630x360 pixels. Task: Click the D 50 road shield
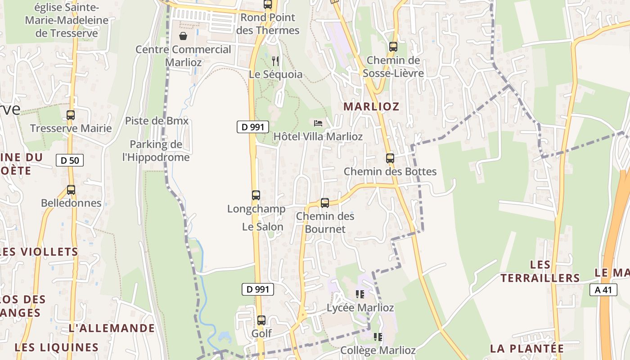point(70,160)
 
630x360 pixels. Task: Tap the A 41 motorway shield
point(603,290)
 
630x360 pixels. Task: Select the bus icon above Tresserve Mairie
point(71,115)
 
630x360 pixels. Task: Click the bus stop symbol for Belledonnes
point(71,190)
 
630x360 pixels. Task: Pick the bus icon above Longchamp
point(256,195)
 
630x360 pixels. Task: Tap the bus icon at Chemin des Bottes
point(390,158)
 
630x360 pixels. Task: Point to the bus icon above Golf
point(261,320)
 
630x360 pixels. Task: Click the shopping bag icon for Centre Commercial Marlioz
point(183,36)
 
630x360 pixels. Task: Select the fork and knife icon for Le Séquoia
point(275,61)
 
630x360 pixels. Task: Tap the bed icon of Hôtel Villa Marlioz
point(318,123)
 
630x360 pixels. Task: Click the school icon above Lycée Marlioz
point(360,294)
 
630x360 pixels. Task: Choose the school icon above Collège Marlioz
point(378,337)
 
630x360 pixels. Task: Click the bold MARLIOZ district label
point(371,107)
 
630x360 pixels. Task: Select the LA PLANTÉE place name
point(526,349)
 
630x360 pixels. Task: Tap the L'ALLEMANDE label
point(112,328)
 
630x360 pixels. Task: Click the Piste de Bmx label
point(157,121)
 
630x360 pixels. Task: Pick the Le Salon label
point(263,227)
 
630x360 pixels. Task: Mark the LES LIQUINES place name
point(57,347)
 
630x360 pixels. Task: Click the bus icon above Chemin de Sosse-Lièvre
point(393,46)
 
